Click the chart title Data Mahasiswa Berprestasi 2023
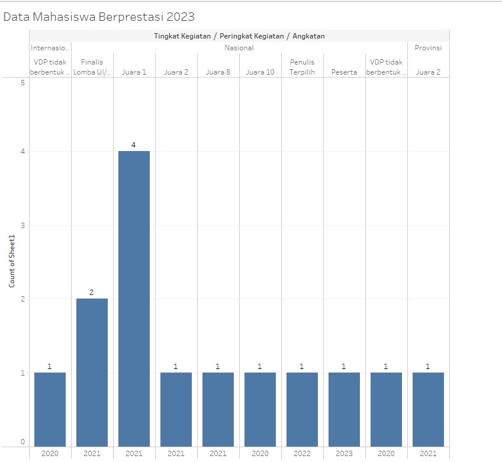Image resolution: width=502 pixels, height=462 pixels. (x=99, y=17)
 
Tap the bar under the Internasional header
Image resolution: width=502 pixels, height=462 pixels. (x=50, y=409)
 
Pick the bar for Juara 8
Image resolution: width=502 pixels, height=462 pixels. (x=218, y=409)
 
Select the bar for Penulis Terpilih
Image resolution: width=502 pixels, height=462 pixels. (x=302, y=409)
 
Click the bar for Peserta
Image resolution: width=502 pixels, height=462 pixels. (x=344, y=409)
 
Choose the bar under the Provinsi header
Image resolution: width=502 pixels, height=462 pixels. (x=428, y=409)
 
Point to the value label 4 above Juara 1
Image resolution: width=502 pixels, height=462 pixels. (x=134, y=145)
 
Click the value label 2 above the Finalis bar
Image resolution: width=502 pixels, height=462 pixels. (x=92, y=292)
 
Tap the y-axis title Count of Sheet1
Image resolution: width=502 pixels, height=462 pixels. (x=12, y=261)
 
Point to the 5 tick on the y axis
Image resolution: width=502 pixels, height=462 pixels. (x=22, y=83)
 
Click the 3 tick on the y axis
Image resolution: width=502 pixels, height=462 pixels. (x=22, y=225)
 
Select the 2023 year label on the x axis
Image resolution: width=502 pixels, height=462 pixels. (x=344, y=454)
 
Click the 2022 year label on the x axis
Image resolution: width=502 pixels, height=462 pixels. (x=302, y=454)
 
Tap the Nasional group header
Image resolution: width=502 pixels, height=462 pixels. (x=239, y=48)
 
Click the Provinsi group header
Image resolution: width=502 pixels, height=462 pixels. (x=428, y=48)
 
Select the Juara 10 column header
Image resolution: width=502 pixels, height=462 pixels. (x=260, y=72)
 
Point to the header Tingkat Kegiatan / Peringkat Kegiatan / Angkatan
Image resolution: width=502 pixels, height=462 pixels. (x=239, y=36)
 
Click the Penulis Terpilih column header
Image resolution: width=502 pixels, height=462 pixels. (x=302, y=67)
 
